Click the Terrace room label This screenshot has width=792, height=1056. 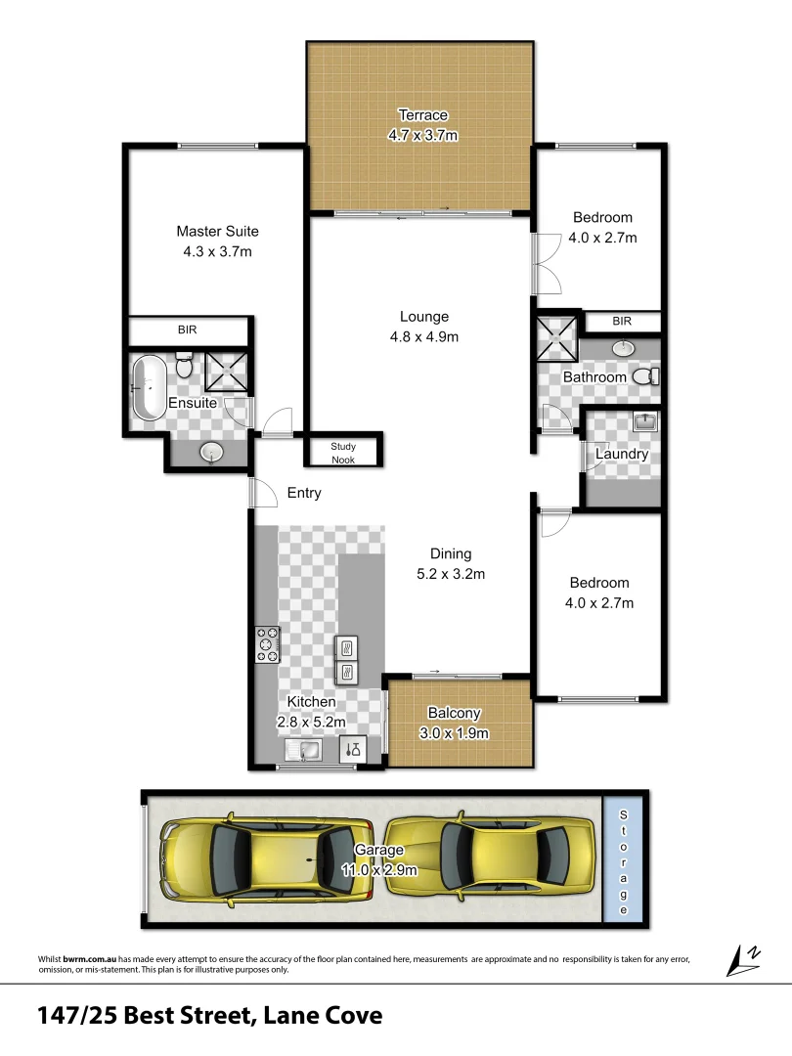coord(422,115)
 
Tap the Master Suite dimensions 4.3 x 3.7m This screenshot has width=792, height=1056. coord(217,251)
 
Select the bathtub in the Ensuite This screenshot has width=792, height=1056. coord(150,387)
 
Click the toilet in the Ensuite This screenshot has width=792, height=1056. coord(183,367)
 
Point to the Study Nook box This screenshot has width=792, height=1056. coord(343,452)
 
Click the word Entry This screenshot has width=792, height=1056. coord(304,493)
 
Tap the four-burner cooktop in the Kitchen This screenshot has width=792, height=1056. coord(267,644)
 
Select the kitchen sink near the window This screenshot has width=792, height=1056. coord(305,751)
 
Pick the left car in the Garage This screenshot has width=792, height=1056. coord(267,857)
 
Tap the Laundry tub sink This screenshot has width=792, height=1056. coord(644,422)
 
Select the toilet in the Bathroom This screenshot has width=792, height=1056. coord(646,376)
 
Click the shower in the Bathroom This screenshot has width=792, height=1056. coord(556,338)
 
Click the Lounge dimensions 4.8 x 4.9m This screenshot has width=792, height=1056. coord(423,336)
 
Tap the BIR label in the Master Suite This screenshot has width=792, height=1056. coord(187,330)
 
